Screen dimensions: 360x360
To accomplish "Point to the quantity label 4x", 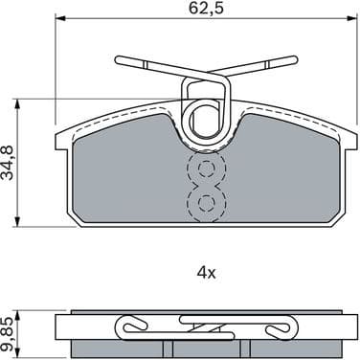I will (x=206, y=272).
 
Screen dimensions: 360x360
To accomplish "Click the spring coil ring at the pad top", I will (x=207, y=121).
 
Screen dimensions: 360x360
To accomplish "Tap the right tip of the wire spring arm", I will (x=292, y=60).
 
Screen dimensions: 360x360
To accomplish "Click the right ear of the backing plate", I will (x=346, y=138).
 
